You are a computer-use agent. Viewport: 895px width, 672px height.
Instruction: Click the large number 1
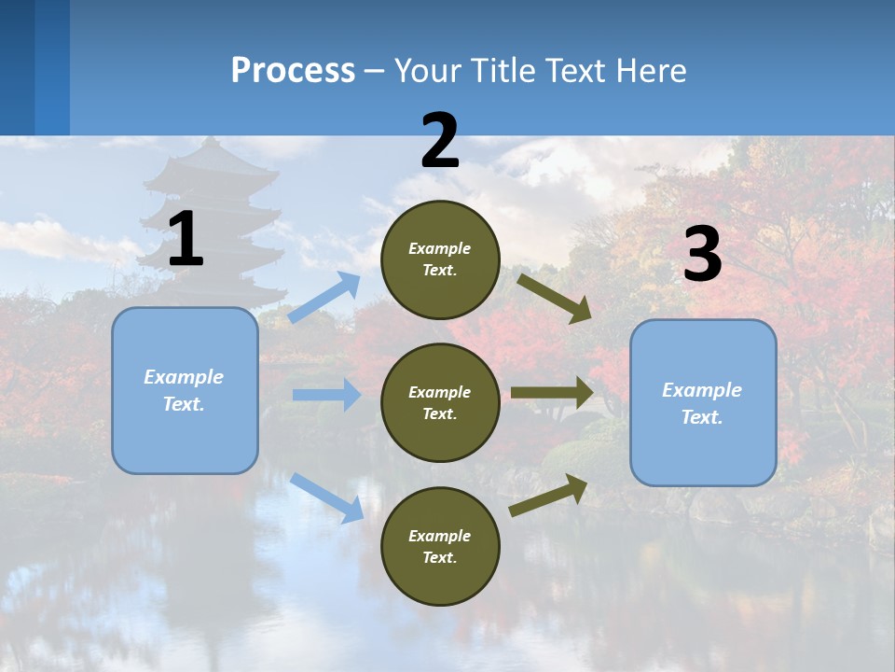186,240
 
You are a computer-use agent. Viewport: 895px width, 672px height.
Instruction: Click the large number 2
440,141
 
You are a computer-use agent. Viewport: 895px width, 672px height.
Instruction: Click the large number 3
702,255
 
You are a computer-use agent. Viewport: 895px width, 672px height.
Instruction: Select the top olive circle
440,259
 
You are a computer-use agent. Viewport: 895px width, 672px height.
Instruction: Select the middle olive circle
440,402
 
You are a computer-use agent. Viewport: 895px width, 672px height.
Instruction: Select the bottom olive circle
440,546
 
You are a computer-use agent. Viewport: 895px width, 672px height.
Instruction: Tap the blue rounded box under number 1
185,390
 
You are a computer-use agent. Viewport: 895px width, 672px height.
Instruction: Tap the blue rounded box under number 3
703,402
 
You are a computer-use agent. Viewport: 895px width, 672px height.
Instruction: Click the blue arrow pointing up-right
324,298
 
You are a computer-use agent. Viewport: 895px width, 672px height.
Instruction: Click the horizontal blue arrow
326,395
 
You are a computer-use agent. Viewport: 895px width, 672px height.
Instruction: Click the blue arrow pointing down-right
326,497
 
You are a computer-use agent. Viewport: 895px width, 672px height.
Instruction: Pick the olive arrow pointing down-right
555,298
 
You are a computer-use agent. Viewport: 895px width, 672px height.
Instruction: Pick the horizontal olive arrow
552,392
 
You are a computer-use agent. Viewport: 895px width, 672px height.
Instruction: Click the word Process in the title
293,70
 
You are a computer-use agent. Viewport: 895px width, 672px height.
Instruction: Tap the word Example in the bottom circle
439,536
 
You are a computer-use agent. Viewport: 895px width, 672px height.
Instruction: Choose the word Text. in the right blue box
702,417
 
